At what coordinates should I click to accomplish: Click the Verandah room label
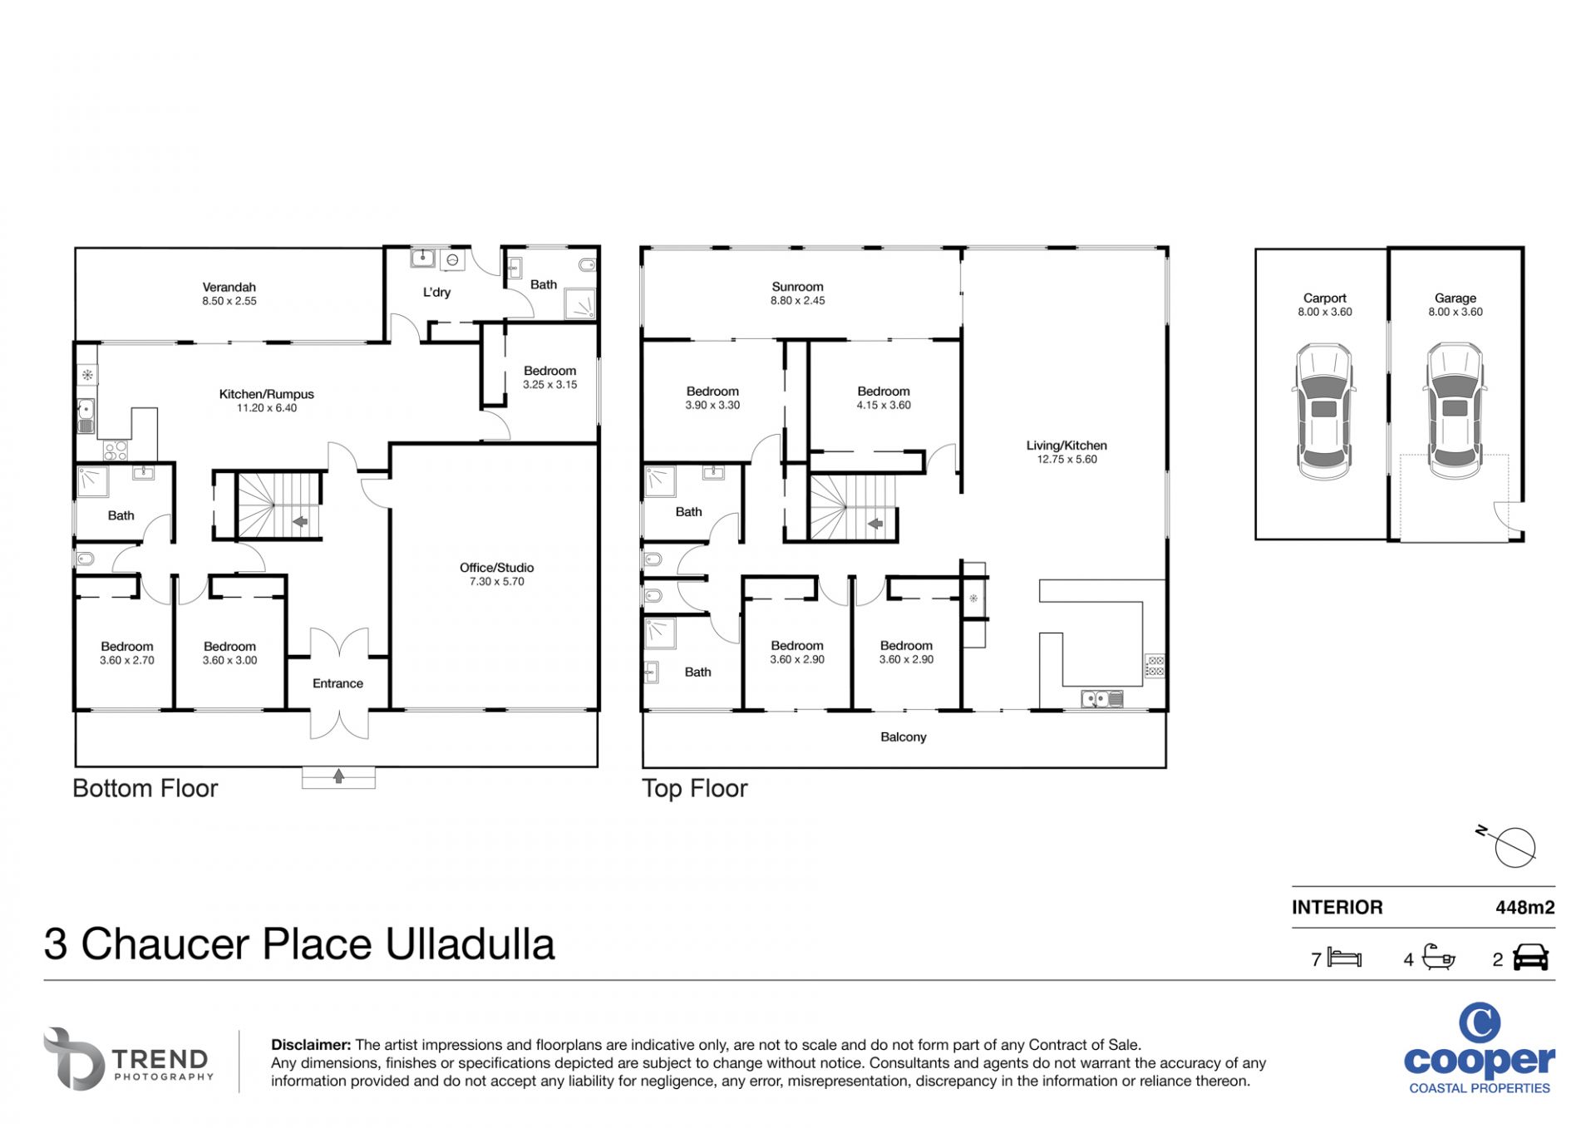229,288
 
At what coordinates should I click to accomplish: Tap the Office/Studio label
497,568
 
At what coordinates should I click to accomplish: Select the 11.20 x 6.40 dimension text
267,408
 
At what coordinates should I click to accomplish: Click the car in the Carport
1324,411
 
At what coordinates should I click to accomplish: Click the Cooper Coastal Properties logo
1480,1048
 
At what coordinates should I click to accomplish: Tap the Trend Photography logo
129,1059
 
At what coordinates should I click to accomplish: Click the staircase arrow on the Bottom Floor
300,522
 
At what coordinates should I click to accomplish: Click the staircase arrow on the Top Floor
875,524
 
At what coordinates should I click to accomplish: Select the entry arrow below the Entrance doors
338,776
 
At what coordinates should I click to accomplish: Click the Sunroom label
797,287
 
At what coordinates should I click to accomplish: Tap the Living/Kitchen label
1066,446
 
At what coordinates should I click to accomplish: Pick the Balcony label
904,737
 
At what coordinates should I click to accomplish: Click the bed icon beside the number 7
1344,958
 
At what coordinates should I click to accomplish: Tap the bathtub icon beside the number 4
1439,957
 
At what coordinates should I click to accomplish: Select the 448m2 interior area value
1525,908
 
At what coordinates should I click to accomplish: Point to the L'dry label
436,293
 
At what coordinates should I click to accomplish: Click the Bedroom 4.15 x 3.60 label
884,398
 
